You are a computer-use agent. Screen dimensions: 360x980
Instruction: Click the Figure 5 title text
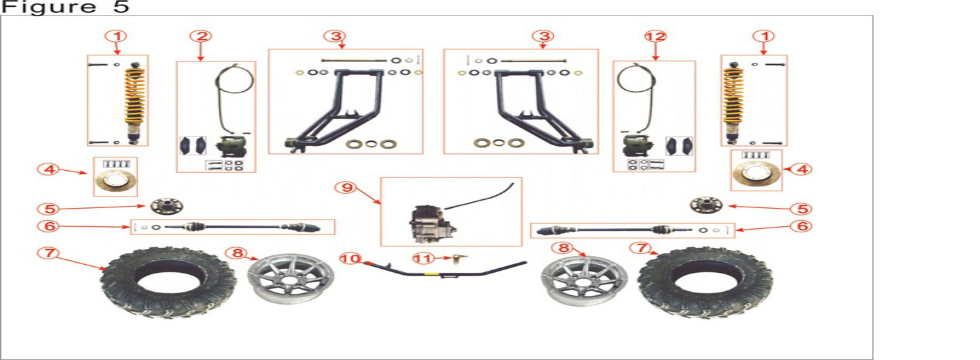[65, 8]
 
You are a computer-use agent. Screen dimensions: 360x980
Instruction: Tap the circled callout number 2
[202, 37]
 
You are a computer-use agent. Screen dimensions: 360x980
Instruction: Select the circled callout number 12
[655, 37]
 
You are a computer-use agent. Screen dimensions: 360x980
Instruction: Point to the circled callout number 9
[346, 186]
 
